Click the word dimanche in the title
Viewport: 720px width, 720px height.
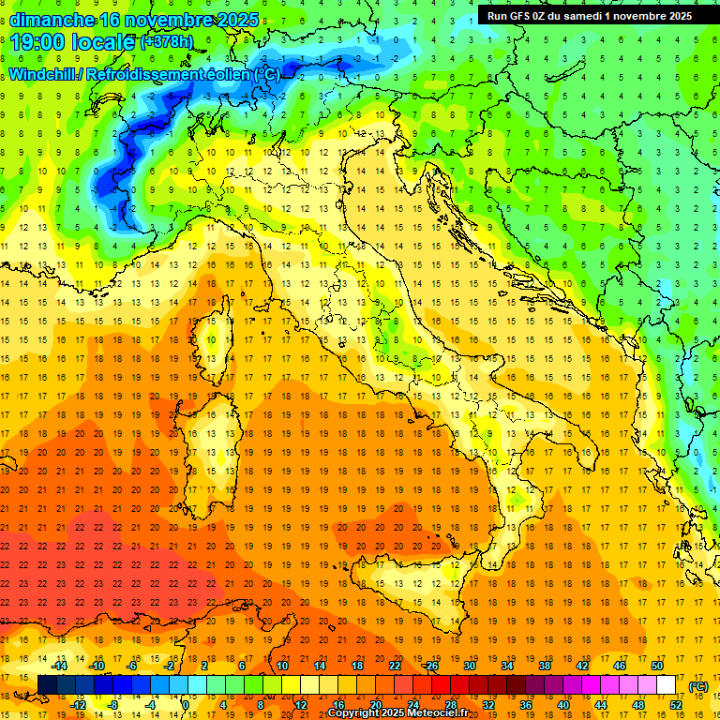point(51,20)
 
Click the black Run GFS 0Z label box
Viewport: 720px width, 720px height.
point(589,15)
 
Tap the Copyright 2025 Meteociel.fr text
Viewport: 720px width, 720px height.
point(397,713)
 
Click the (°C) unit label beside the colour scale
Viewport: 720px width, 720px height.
point(698,686)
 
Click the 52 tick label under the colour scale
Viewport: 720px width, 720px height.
point(676,704)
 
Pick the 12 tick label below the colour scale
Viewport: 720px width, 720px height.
point(301,704)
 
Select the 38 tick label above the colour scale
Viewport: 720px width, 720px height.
point(544,666)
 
